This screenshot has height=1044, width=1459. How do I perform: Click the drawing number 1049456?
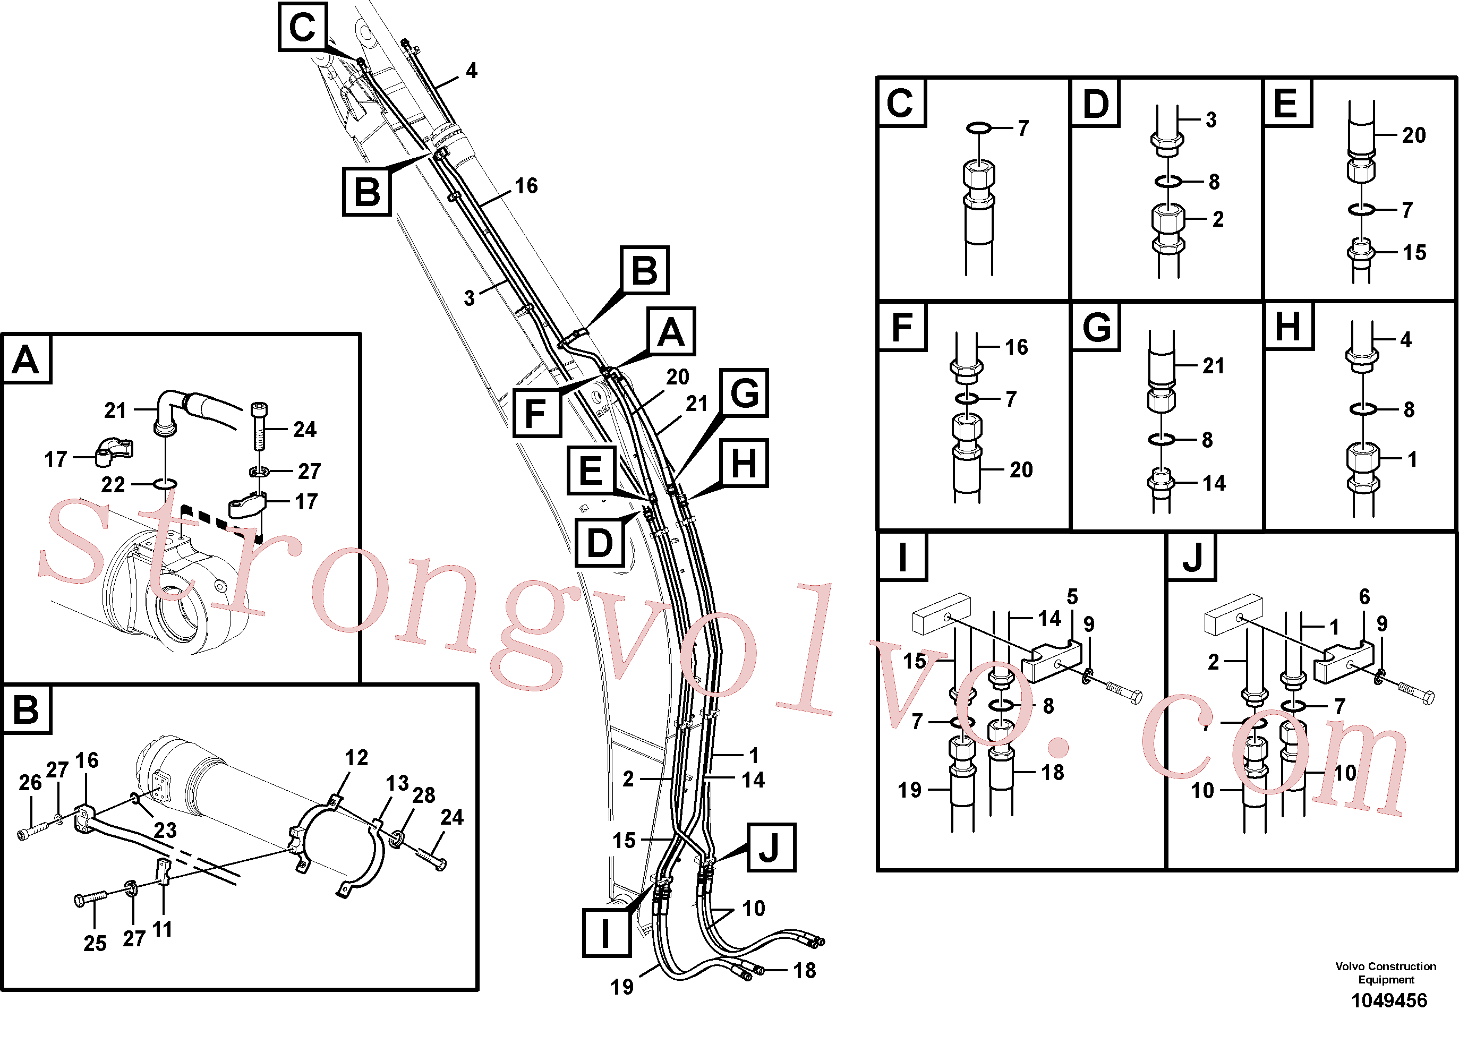(x=1389, y=1001)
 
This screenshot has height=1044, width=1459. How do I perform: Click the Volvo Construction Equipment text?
(x=1386, y=973)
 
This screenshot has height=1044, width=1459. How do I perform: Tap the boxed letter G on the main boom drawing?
(x=745, y=393)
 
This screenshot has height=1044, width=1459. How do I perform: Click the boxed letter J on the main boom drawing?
(x=770, y=848)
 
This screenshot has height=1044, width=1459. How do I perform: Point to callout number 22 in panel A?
(x=113, y=485)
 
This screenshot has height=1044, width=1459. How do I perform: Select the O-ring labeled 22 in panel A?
(x=166, y=483)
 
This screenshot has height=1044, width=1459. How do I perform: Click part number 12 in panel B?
(x=356, y=758)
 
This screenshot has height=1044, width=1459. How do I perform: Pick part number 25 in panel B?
(x=95, y=943)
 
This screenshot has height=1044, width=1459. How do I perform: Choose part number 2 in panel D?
(x=1218, y=220)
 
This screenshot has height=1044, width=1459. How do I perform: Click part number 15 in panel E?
(x=1414, y=253)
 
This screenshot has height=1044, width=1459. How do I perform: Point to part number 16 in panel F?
(x=1017, y=347)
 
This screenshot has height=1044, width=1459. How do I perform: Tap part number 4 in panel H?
(x=1406, y=339)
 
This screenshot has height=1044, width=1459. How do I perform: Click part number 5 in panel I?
(x=1072, y=596)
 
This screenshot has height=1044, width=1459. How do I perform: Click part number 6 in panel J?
(x=1364, y=596)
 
